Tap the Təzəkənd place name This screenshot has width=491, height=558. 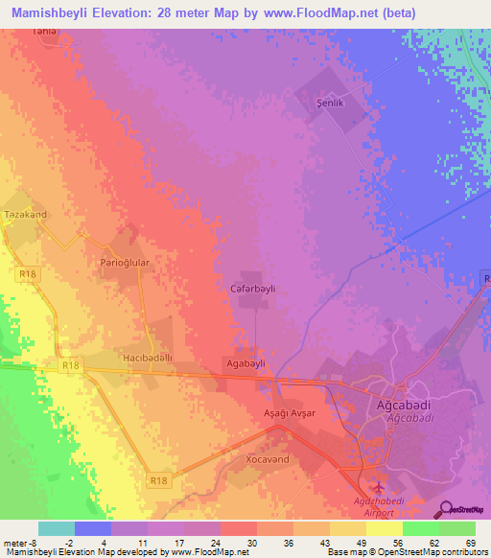coord(25,215)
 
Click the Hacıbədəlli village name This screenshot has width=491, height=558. coord(148,358)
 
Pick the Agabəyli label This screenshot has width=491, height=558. coord(244,364)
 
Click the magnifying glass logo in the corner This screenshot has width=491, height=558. coord(448,509)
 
